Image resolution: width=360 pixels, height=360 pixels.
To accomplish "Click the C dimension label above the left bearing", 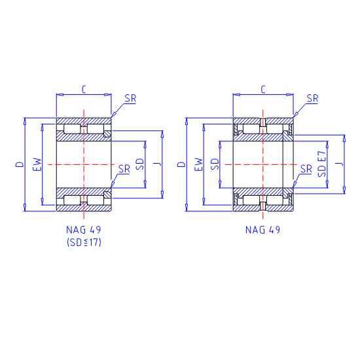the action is (84, 89).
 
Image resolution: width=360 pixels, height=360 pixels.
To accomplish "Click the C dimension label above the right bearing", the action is (263, 89).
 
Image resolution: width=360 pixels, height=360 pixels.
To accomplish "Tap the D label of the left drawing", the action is (20, 164).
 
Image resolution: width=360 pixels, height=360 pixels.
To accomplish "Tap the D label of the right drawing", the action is (181, 164).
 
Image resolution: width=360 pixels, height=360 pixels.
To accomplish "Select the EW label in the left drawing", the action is (37, 164).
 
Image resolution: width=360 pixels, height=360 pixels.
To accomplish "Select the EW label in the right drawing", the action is (199, 164).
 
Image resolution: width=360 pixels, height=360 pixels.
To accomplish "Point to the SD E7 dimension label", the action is (321, 164).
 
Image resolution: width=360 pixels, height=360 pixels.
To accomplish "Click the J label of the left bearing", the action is (158, 164).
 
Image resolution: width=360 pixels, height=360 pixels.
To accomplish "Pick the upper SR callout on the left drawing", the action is (131, 98).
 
